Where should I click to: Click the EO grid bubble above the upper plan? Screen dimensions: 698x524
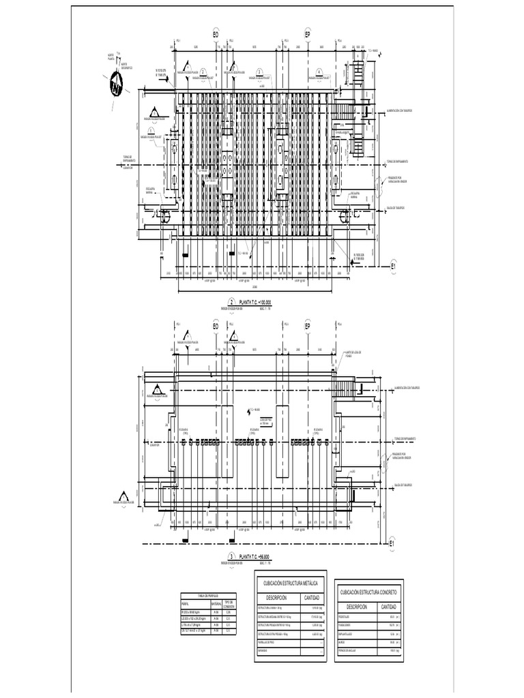[216, 34]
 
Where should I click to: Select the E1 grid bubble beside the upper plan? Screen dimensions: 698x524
[394, 267]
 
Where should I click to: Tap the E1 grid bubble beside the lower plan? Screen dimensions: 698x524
[392, 544]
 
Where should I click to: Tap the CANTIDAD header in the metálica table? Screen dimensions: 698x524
[310, 598]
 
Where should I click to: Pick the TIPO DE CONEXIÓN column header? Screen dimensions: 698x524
[229, 604]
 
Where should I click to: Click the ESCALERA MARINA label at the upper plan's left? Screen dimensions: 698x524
[151, 189]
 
